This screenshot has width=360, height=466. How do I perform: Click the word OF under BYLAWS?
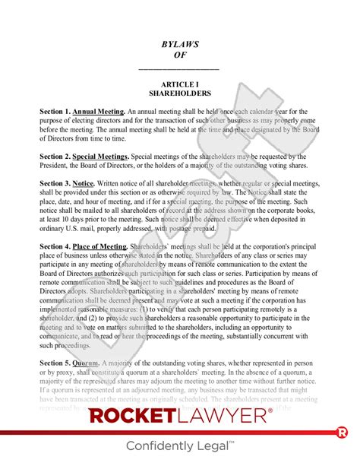pyautogui.click(x=180, y=55)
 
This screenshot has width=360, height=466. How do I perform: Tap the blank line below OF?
pyautogui.click(x=180, y=69)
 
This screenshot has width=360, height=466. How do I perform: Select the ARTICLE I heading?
pyautogui.click(x=180, y=85)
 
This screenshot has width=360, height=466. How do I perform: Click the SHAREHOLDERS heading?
pyautogui.click(x=180, y=95)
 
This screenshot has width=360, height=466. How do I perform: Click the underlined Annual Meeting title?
pyautogui.click(x=99, y=112)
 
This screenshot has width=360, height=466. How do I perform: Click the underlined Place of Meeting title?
pyautogui.click(x=100, y=246)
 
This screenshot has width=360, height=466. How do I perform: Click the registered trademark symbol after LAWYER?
pyautogui.click(x=269, y=411)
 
